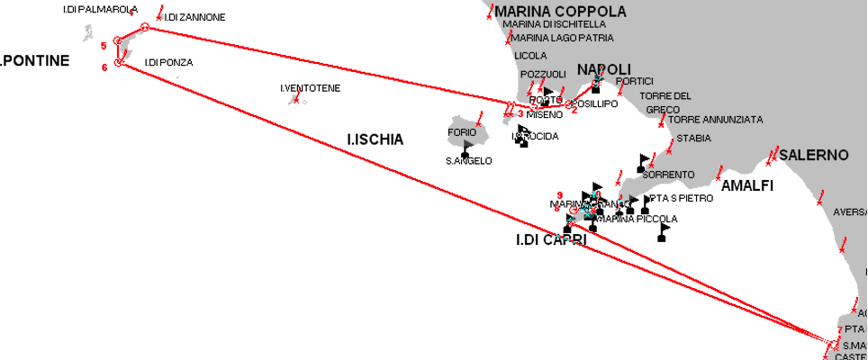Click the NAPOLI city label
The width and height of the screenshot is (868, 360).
(603, 69)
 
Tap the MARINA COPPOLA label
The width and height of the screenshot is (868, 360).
(559, 12)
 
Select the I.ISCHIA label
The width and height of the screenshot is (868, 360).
(375, 139)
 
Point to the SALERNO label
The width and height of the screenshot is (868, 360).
(814, 155)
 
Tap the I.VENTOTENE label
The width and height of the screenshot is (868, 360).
(310, 87)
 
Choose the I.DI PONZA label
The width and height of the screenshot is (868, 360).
(168, 62)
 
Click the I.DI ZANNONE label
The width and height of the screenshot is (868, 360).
(194, 17)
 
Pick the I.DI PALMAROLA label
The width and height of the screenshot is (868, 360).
(100, 9)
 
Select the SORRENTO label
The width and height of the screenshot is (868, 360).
(668, 175)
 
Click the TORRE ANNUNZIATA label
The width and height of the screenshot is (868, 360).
(715, 119)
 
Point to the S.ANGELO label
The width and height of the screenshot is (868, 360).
(469, 161)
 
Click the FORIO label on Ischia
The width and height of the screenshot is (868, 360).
(462, 132)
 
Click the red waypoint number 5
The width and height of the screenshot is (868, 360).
(104, 44)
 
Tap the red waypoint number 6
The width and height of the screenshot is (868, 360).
(104, 67)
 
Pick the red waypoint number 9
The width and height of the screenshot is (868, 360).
(560, 194)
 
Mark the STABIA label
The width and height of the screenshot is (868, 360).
(693, 138)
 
